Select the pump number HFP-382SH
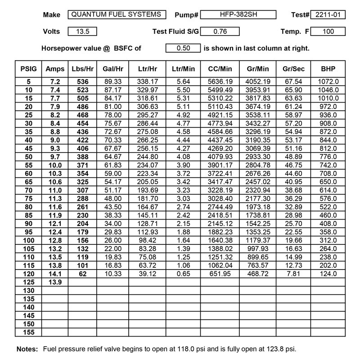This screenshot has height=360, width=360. (238, 15)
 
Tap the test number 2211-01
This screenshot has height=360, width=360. (328, 15)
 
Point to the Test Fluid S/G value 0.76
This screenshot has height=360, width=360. (220, 31)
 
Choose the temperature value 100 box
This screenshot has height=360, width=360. (328, 31)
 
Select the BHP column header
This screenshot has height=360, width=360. (328, 69)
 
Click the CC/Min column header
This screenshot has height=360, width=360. (220, 69)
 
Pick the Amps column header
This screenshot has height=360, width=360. (55, 69)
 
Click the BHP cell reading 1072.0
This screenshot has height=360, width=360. (328, 81)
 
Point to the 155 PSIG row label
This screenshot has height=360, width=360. (28, 332)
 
